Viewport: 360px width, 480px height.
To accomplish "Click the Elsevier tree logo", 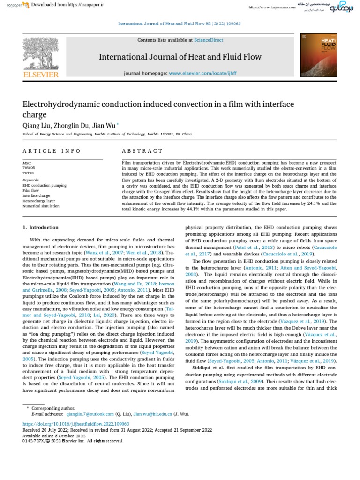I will (41, 53).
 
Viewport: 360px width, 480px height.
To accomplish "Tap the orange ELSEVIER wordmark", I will (41, 75).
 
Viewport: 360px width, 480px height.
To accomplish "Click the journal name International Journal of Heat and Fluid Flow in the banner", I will (180, 57).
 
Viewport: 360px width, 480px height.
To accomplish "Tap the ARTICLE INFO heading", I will (52, 151).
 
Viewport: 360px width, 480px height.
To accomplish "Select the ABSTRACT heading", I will (142, 151).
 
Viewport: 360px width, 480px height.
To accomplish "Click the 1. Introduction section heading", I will (41, 227).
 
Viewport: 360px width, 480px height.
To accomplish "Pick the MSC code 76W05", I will (29, 167).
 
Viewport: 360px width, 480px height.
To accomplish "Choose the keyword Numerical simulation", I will (41, 206).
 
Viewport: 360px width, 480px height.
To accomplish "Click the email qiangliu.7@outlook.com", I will (90, 414).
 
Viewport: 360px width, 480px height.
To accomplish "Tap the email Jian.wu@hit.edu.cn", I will (153, 414).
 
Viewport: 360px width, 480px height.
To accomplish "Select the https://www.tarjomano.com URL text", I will (272, 7).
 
